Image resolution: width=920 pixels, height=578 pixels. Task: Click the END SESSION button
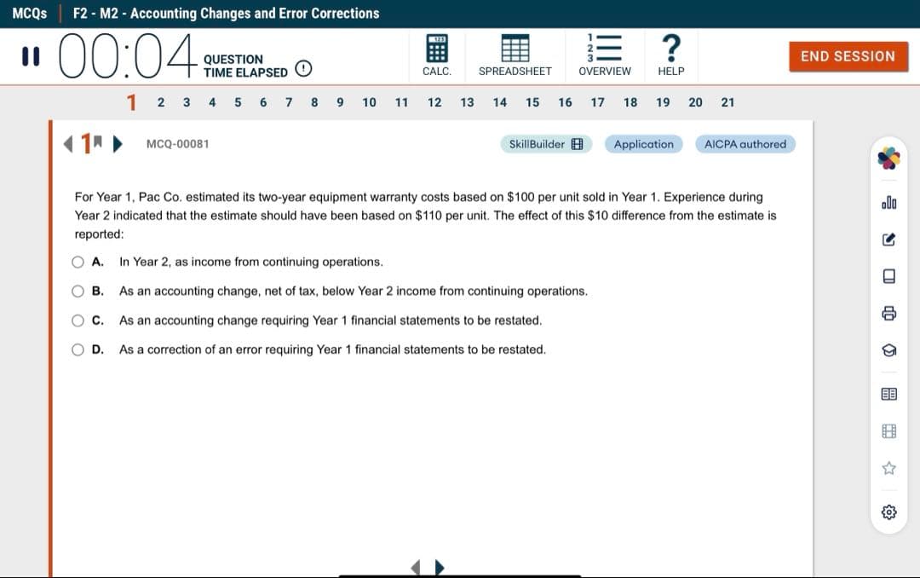pyautogui.click(x=848, y=56)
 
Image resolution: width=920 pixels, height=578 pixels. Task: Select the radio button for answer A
pyautogui.click(x=78, y=262)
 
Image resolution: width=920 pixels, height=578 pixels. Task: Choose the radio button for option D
pyautogui.click(x=78, y=350)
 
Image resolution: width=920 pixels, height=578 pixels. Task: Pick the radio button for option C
pyautogui.click(x=78, y=321)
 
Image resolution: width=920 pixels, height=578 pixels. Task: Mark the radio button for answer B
pyautogui.click(x=78, y=291)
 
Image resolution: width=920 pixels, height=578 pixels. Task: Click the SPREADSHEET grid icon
pyautogui.click(x=515, y=48)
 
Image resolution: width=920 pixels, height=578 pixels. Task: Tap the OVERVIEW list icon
pyautogui.click(x=605, y=48)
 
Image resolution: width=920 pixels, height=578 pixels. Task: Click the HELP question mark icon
pyautogui.click(x=671, y=48)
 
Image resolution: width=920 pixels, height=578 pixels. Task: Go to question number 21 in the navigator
pyautogui.click(x=727, y=102)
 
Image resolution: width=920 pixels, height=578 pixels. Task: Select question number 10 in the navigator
pyautogui.click(x=369, y=102)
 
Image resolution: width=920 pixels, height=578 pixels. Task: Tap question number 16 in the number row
pyautogui.click(x=565, y=102)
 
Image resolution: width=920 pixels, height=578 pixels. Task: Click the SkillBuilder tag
pyautogui.click(x=545, y=144)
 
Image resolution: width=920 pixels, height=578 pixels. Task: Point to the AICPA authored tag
pyautogui.click(x=745, y=144)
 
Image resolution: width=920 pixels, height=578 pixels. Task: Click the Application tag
pyautogui.click(x=643, y=144)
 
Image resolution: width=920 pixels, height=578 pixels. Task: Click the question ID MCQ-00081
pyautogui.click(x=177, y=144)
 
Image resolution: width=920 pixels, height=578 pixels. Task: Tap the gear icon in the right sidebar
pyautogui.click(x=889, y=512)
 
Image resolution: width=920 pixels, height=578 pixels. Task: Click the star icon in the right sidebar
pyautogui.click(x=889, y=468)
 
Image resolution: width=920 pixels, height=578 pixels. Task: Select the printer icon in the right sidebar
pyautogui.click(x=889, y=314)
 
